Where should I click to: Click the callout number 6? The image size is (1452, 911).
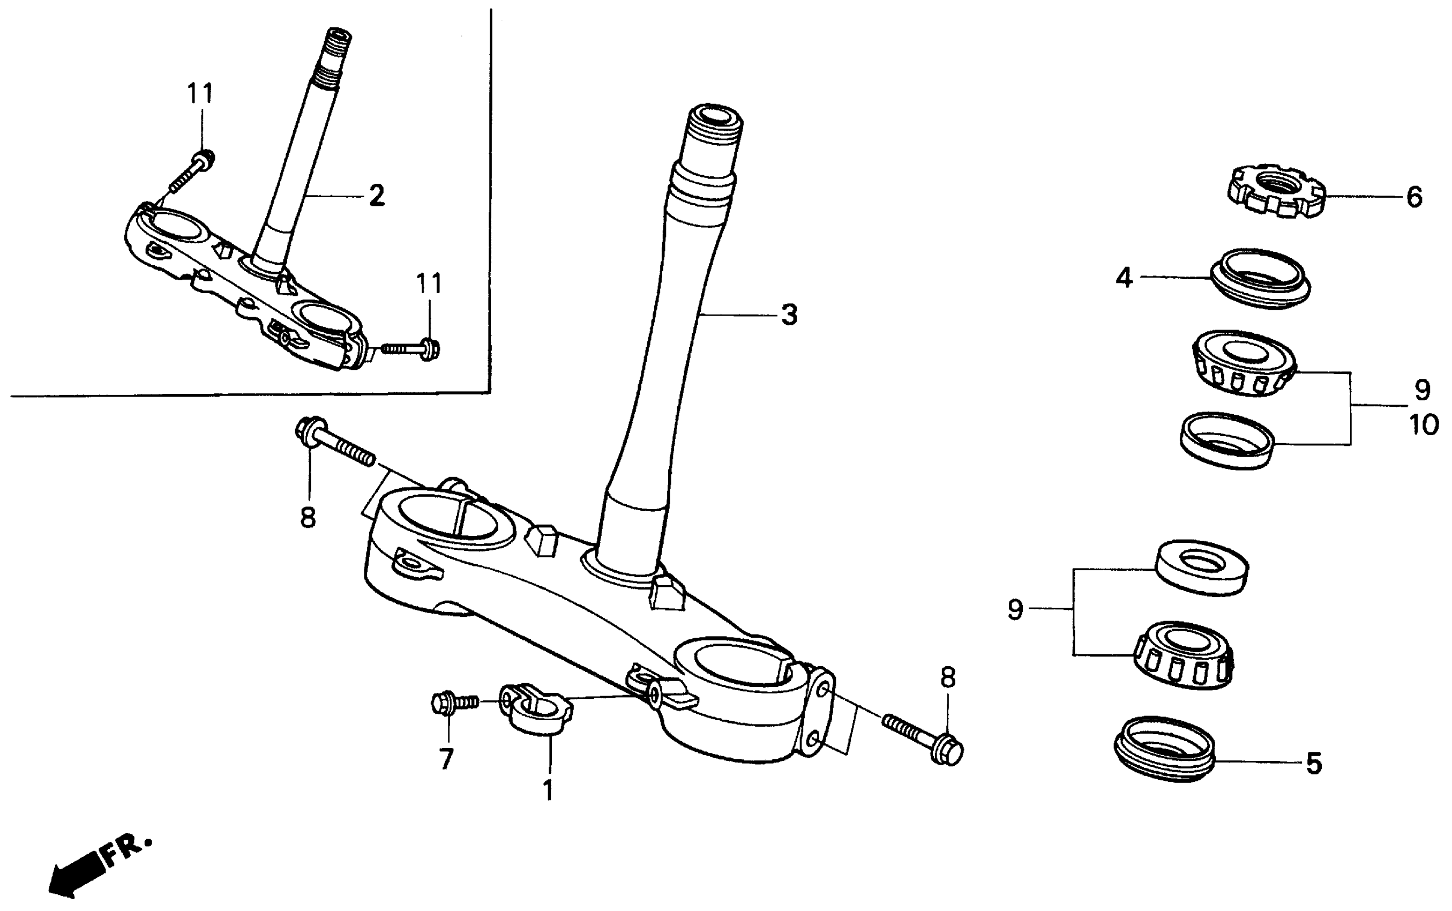coord(1414,197)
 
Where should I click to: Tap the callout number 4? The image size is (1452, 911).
coord(1124,278)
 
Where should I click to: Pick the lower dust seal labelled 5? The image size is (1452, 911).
coord(1164,750)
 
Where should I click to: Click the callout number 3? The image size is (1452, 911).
coord(789,315)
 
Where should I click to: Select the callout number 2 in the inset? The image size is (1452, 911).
coord(377,195)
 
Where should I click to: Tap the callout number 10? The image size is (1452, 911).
coord(1424,425)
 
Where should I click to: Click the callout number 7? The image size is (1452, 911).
coord(446,759)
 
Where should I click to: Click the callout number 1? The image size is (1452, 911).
coord(548,790)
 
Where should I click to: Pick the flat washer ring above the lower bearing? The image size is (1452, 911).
coord(1201,567)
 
